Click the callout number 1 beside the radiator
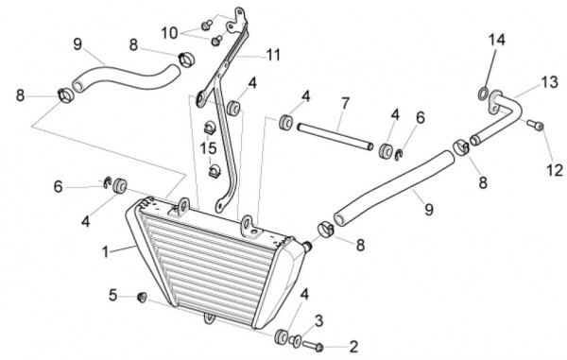(x=105, y=252)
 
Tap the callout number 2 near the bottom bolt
(x=352, y=347)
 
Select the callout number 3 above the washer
(x=318, y=321)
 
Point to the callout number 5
(x=112, y=296)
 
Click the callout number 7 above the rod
(x=345, y=104)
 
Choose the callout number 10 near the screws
(x=169, y=33)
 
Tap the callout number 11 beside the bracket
(x=273, y=55)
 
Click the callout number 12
(x=555, y=170)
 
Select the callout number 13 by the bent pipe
(x=550, y=82)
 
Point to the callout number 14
(x=497, y=40)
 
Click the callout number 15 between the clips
(x=208, y=147)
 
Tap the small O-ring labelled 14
(x=483, y=94)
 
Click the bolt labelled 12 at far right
(x=535, y=125)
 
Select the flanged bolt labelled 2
(x=313, y=346)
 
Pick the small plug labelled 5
(x=142, y=298)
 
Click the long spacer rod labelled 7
(x=335, y=137)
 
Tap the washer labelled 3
(x=295, y=340)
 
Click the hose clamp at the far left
(x=65, y=94)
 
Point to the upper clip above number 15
(x=210, y=129)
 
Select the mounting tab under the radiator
(x=210, y=318)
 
